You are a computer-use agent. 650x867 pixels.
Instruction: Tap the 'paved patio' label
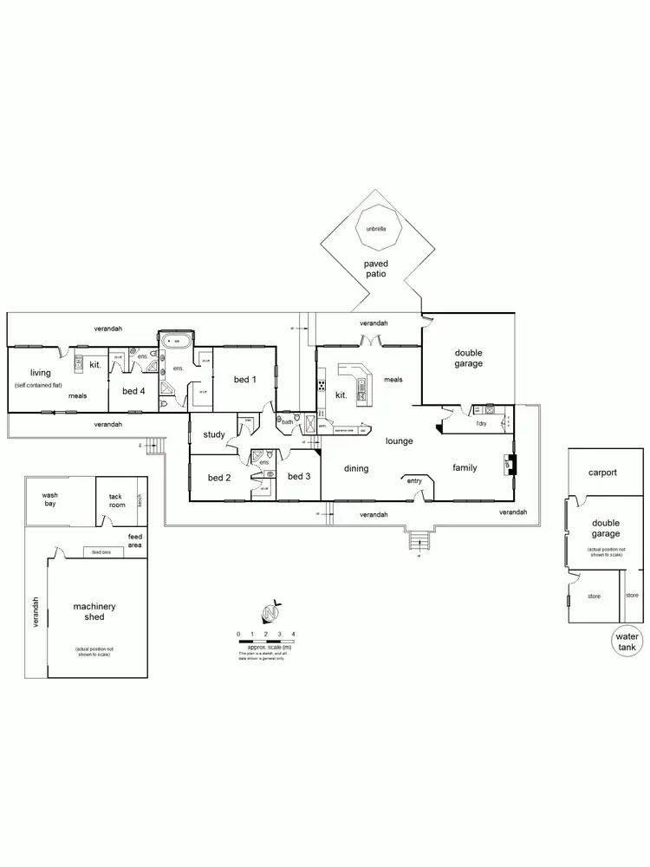point(375,268)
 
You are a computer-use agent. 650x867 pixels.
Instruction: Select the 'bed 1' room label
point(244,380)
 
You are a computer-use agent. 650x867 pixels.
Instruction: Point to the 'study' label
point(214,434)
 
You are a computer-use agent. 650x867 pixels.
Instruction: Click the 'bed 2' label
point(218,476)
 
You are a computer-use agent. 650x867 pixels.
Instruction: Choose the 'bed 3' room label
point(298,476)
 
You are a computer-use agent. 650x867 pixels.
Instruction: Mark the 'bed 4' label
point(132,391)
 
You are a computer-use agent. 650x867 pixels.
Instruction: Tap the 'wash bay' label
point(49,500)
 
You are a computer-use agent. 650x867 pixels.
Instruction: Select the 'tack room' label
point(115,500)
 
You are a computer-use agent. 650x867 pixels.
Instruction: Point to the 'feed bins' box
point(101,552)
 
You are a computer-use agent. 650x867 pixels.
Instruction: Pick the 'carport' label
point(603,473)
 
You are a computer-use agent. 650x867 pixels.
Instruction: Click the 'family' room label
point(465,468)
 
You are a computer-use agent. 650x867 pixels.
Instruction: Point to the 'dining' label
point(356,469)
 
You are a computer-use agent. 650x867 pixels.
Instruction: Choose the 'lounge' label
point(399,440)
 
